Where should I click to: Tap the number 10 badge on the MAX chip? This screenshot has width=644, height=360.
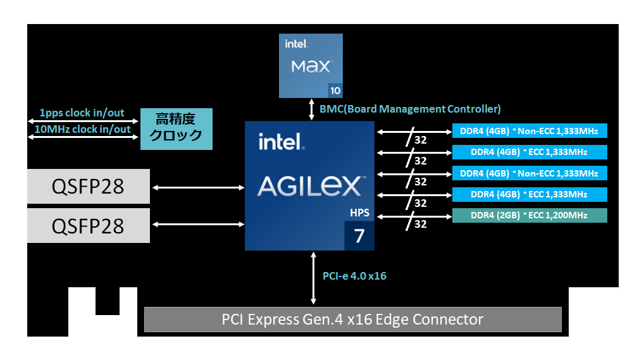[x=336, y=90]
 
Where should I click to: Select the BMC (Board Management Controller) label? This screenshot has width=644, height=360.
[x=410, y=109]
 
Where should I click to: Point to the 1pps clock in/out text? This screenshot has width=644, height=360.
[x=82, y=113]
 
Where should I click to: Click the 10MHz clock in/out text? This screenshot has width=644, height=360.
[x=82, y=129]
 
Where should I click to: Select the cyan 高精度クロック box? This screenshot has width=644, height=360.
[x=176, y=128]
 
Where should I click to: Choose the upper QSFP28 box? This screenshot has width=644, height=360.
[x=88, y=187]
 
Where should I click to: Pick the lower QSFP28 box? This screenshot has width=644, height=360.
[x=88, y=225]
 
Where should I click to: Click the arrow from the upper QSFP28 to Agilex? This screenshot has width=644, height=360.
[x=198, y=187]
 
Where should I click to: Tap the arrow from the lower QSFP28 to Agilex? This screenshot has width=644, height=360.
[x=198, y=225]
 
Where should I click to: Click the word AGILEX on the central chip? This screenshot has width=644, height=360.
[x=309, y=186]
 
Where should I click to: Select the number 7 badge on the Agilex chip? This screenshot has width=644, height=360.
[x=359, y=236]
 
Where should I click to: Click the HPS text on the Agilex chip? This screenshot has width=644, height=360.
[x=359, y=213]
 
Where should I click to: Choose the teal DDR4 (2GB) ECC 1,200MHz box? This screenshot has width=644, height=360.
[x=529, y=216]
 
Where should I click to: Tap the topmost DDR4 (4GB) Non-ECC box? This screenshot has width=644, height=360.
[x=529, y=131]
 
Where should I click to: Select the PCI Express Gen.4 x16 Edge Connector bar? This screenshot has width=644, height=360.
[x=352, y=320]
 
